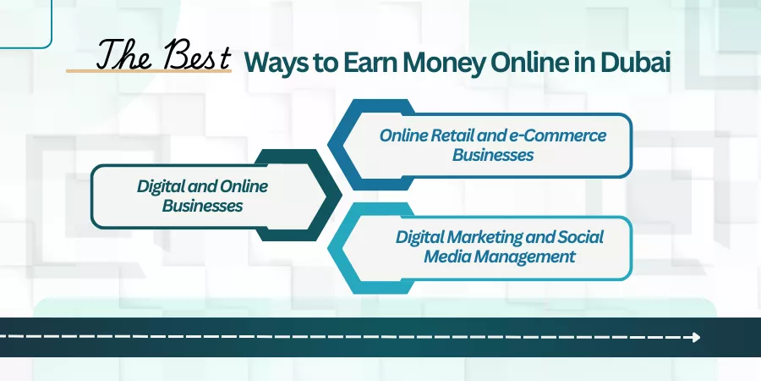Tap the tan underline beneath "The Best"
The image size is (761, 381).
[x=149, y=71]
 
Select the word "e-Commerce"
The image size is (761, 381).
[x=558, y=135]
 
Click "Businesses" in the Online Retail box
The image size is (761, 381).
[x=493, y=155]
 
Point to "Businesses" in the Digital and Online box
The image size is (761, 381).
[x=202, y=206]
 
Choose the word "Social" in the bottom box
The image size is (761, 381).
[x=580, y=237]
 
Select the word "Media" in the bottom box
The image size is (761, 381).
[x=447, y=256]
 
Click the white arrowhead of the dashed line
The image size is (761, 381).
[x=697, y=337]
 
